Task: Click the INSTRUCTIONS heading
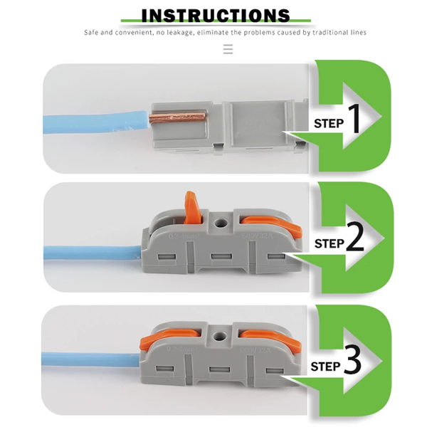[216, 15]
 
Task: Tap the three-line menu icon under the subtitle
[228, 49]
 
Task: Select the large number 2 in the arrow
[356, 240]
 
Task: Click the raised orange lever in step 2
[191, 206]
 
